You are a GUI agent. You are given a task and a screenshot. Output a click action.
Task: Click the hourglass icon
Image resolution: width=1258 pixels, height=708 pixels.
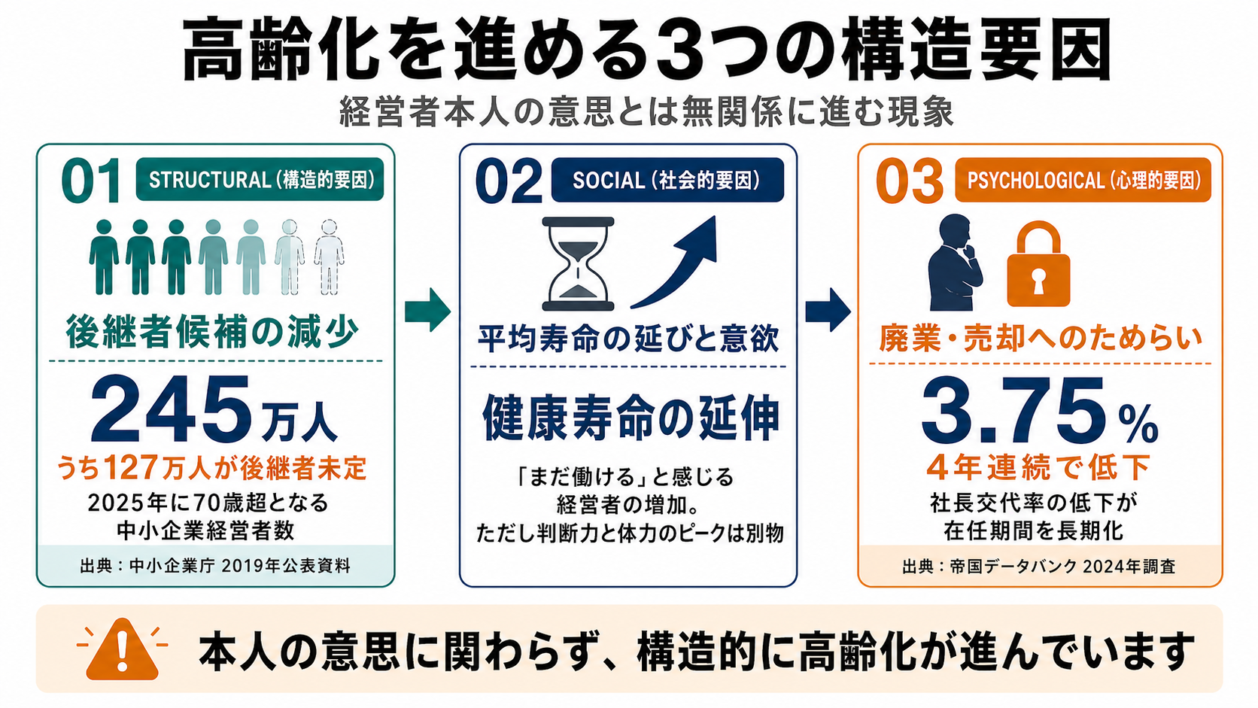tap(578, 263)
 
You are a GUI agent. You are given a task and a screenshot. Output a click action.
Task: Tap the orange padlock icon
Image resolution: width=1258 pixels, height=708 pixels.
tap(1038, 264)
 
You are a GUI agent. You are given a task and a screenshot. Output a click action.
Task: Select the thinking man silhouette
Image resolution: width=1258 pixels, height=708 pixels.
tap(956, 263)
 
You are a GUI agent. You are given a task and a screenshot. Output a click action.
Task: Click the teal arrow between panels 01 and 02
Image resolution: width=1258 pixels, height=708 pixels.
tap(428, 310)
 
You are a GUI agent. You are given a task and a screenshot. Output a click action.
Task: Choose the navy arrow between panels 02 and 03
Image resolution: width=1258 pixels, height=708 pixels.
tap(828, 310)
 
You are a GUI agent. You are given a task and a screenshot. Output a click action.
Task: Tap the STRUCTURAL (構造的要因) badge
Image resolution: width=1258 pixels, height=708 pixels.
tap(260, 180)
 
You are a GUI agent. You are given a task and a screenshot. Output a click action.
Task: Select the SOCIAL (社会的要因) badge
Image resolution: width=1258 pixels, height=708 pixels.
tap(667, 180)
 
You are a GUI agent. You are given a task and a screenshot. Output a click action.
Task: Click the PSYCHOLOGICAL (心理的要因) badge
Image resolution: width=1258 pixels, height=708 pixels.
tap(1083, 180)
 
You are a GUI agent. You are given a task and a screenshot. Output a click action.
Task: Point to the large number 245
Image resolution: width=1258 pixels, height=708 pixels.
tap(170, 410)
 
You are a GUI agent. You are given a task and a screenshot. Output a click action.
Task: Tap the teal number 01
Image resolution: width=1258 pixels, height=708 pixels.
tap(91, 180)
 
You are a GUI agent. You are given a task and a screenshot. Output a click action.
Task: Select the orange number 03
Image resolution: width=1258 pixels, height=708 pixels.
tap(909, 181)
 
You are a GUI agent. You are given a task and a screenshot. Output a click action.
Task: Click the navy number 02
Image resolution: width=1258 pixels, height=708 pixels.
tap(509, 181)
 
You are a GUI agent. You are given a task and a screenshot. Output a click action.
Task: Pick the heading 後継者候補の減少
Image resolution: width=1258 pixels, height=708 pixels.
tap(212, 333)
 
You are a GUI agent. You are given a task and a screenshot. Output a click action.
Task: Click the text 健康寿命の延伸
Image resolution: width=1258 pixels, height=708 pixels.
tap(631, 418)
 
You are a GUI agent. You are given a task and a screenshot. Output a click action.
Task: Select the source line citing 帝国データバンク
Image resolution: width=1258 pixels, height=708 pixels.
tap(1039, 567)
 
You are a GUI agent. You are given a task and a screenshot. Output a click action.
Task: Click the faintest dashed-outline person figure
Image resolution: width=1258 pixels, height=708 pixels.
tap(329, 257)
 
